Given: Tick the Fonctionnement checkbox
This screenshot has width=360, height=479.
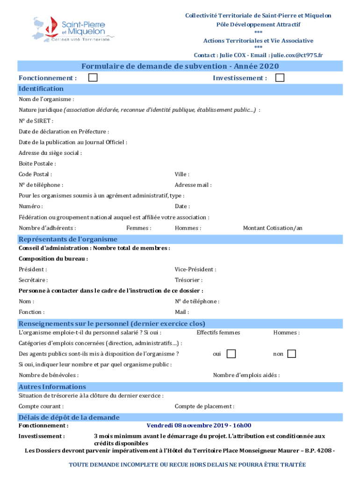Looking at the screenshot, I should pos(93,78).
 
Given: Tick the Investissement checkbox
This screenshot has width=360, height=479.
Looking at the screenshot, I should pos(280,78).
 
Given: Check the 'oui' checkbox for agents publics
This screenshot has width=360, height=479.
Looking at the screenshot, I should pos(231,354).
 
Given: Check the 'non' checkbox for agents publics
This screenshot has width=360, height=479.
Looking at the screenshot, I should pos(291,354).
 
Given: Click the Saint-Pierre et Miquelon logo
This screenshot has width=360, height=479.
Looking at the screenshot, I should pos(72,29).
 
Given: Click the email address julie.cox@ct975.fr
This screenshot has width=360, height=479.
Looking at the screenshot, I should pos(297,55).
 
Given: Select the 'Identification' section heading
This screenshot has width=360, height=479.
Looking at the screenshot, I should pos(41,88).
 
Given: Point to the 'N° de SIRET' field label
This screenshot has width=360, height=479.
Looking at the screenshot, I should pos(33,121).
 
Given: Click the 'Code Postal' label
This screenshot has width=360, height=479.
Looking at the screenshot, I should pos(32,174).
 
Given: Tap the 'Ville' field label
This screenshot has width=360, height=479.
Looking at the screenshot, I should pos(182,174).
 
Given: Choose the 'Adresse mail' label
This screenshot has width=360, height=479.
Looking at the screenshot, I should pos(193,185).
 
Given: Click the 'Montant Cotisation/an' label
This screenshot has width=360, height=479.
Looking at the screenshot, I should pos(272,228).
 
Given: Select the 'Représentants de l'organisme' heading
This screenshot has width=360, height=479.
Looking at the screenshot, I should pos(68,239).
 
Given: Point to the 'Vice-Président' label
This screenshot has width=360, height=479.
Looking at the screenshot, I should pos(195,269).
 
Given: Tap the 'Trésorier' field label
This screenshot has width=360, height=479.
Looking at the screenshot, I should pos(188,280).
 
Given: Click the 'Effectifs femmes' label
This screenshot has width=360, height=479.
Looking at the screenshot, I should pos(218,333).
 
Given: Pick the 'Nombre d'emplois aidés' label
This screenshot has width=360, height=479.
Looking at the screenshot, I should pos(246,375).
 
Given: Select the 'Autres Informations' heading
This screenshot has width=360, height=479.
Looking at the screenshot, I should pos(52,386).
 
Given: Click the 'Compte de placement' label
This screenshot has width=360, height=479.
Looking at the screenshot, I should pos(204,406).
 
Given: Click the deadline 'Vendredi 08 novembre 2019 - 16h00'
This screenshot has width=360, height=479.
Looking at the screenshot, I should pos(199,425).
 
